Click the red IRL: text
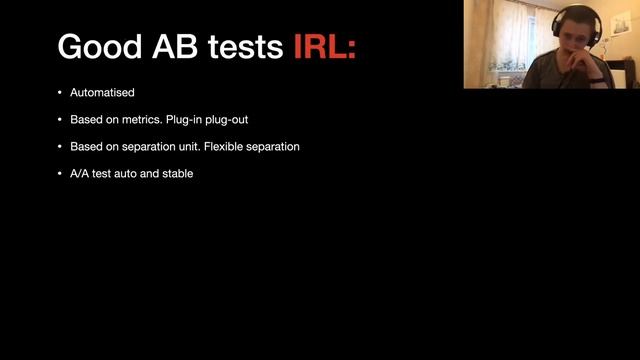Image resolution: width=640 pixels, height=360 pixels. click(325, 46)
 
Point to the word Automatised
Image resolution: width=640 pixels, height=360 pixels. click(102, 93)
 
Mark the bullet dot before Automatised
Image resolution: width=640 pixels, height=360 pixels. click(59, 93)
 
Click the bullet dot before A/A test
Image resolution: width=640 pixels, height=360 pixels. click(59, 174)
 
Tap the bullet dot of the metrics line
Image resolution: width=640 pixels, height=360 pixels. click(59, 120)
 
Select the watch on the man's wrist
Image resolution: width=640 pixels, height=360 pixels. click(598, 78)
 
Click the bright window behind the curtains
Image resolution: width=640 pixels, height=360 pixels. click(520, 30)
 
